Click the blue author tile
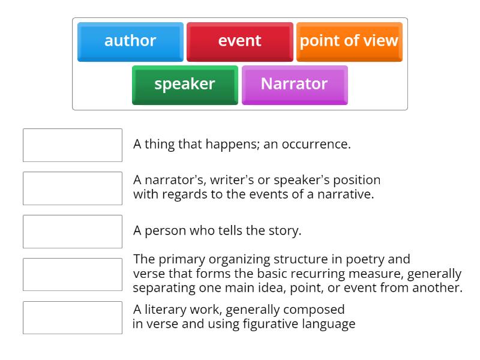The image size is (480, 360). (x=130, y=41)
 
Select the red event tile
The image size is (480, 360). (x=239, y=41)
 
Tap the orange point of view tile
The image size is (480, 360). (x=349, y=41)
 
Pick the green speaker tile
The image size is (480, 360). (x=185, y=85)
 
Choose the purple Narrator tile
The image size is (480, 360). (x=294, y=85)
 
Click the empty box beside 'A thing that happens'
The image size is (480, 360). (x=73, y=145)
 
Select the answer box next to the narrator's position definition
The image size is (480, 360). (x=73, y=188)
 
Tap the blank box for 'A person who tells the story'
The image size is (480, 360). (x=73, y=232)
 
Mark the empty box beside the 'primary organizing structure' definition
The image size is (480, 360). (x=73, y=275)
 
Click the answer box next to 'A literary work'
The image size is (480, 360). (x=73, y=318)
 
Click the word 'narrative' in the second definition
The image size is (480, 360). (x=346, y=194)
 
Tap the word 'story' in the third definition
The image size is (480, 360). (x=284, y=231)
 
